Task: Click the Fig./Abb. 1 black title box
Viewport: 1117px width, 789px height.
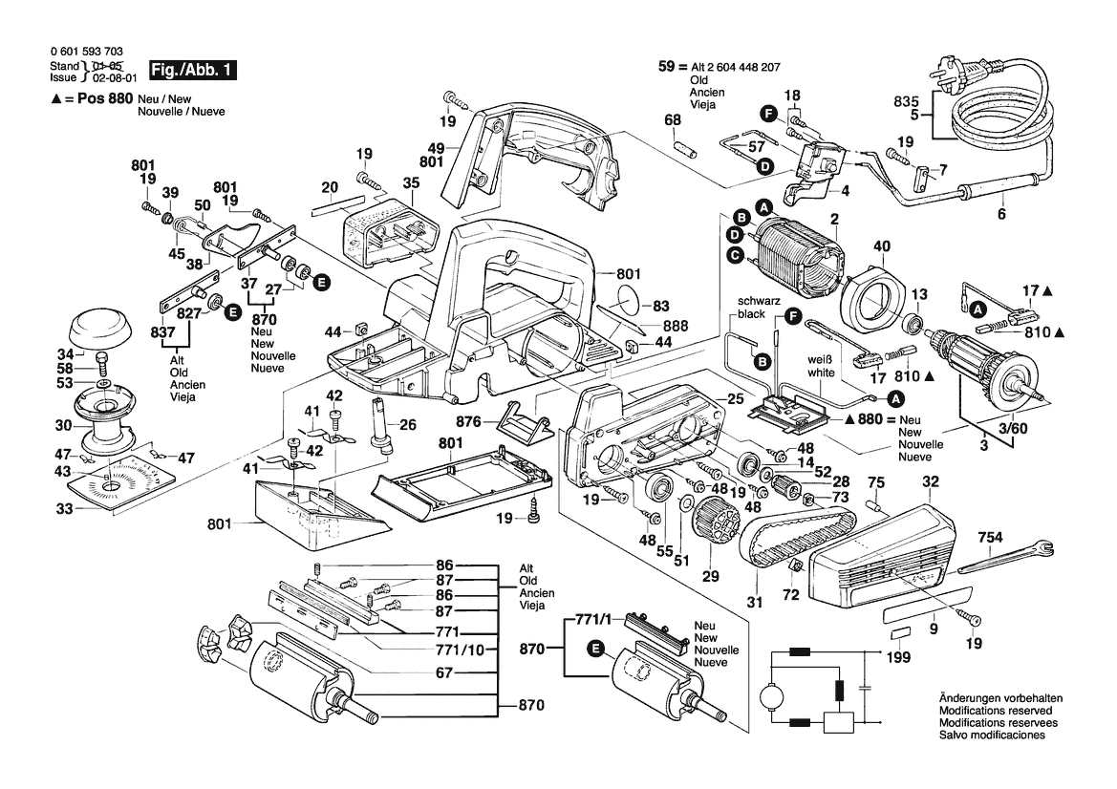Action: [189, 70]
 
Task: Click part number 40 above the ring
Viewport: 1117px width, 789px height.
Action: [881, 246]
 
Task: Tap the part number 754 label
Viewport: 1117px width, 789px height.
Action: [991, 538]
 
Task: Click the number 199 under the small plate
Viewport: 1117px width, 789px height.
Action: [898, 658]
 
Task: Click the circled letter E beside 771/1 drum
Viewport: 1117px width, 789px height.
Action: [596, 650]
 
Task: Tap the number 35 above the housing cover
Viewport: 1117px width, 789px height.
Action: [411, 182]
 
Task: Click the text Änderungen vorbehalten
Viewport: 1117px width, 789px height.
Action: [995, 698]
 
